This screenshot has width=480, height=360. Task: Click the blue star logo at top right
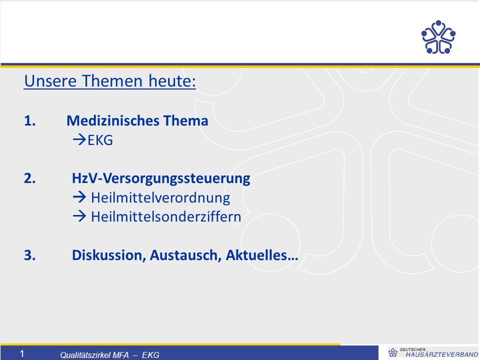pos(438,37)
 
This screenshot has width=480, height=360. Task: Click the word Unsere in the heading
pos(50,81)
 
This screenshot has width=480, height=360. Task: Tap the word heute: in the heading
pos(172,81)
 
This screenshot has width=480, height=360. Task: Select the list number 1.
pos(29,121)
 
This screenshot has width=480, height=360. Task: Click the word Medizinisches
pos(113,120)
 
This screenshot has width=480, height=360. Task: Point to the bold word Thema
pos(185,120)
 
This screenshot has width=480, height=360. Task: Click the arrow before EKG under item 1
pos(79,140)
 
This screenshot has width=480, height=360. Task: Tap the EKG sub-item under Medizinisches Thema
pos(100,140)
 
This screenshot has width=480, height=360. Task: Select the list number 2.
pos(29,178)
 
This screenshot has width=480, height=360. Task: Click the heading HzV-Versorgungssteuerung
pos(161,178)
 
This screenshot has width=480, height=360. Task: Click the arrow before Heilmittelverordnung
pos(79,197)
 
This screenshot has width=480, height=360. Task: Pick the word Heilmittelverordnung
pos(160,198)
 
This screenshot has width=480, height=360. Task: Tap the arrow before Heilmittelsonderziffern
pos(79,216)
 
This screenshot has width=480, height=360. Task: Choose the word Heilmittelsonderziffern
pos(166,216)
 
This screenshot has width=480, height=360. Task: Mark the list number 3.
pos(29,255)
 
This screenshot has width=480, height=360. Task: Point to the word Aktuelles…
pos(262,255)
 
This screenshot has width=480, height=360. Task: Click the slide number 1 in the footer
pos(21,354)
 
